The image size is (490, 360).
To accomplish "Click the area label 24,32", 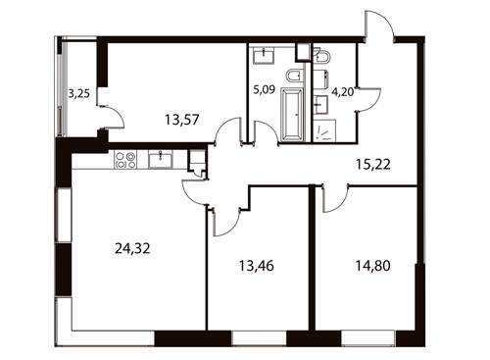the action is (x=132, y=249).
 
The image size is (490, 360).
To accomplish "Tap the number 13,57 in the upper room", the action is (x=181, y=120).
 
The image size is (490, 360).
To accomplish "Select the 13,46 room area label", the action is (x=257, y=266).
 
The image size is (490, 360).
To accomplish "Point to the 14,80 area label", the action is (x=372, y=266).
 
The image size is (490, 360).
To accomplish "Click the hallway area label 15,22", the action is (x=373, y=165).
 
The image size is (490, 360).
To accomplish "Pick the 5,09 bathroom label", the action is (x=265, y=89).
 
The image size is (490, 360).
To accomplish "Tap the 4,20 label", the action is (x=343, y=92).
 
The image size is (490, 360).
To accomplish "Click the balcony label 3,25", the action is (x=78, y=94).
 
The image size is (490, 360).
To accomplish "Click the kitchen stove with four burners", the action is (x=125, y=160).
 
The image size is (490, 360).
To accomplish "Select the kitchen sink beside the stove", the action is (x=160, y=160).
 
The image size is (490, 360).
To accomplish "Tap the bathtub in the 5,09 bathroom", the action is (x=291, y=115).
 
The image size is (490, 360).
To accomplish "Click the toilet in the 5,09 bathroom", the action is (x=295, y=76).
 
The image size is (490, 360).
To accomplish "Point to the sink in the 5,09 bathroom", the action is (x=264, y=56).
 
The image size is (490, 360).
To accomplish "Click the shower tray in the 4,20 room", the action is (x=324, y=131).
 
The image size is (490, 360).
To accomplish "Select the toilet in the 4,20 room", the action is (x=322, y=56).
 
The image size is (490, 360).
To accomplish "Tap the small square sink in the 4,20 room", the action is (x=321, y=104).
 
